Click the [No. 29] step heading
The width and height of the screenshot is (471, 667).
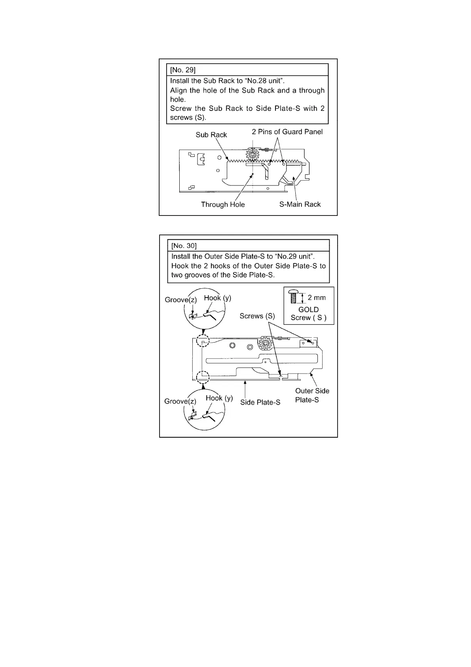pyautogui.click(x=182, y=70)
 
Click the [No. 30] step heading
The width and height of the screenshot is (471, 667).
pyautogui.click(x=184, y=246)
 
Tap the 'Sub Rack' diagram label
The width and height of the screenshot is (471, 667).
pyautogui.click(x=211, y=135)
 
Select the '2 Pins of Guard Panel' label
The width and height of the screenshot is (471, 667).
pyautogui.click(x=287, y=132)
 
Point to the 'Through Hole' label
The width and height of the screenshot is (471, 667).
pyautogui.click(x=223, y=204)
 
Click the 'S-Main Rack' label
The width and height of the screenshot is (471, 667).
pyautogui.click(x=300, y=204)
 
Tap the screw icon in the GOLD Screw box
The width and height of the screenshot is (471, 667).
pyautogui.click(x=293, y=296)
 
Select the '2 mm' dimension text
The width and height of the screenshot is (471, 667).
pyautogui.click(x=317, y=297)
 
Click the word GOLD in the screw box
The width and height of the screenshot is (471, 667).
pyautogui.click(x=308, y=309)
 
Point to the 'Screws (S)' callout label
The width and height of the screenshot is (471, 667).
pyautogui.click(x=257, y=316)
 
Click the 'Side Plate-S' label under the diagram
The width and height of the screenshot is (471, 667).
pyautogui.click(x=260, y=402)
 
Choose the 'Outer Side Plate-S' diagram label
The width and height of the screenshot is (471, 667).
pyautogui.click(x=312, y=395)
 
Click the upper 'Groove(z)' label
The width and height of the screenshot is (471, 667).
pyautogui.click(x=180, y=300)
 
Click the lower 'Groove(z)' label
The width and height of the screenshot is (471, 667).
pyautogui.click(x=180, y=401)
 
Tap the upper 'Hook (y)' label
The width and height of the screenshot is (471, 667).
pyautogui.click(x=217, y=298)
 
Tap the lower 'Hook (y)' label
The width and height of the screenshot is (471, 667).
pyautogui.click(x=219, y=398)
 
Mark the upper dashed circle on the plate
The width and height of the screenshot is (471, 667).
pyautogui.click(x=202, y=341)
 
